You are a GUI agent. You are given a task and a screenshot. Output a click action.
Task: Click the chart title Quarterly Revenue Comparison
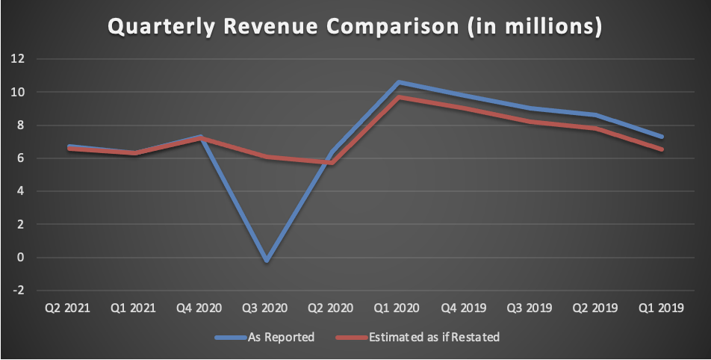pyautogui.click(x=355, y=26)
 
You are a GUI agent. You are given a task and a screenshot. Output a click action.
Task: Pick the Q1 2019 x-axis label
pyautogui.click(x=662, y=308)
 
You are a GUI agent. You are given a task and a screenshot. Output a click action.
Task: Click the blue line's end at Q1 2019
pyautogui.click(x=662, y=137)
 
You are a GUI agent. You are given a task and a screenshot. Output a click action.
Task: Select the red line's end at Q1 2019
pyautogui.click(x=662, y=149)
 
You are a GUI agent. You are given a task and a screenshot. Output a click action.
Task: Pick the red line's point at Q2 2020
pyautogui.click(x=329, y=162)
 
